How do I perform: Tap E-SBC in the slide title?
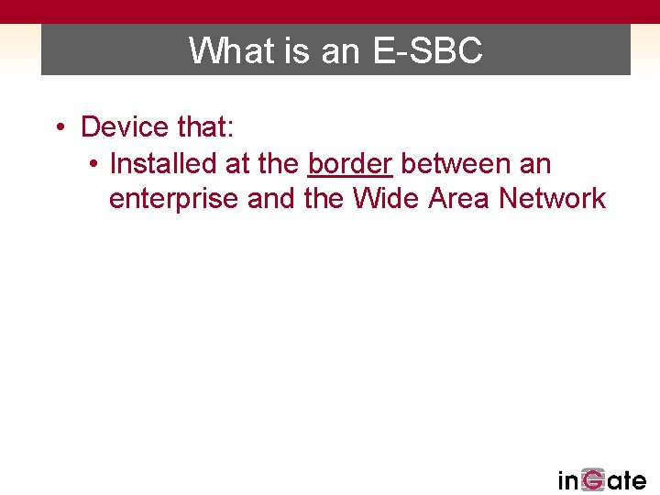tap(428, 50)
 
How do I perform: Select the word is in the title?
tap(298, 50)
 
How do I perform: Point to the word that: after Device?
tap(207, 126)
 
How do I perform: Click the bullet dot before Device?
tap(58, 127)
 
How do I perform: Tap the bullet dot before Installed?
tap(94, 165)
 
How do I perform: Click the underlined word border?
tap(350, 164)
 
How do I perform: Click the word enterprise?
tap(174, 199)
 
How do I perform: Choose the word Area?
tap(461, 198)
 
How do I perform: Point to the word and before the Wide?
tap(272, 198)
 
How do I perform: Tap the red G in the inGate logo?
tap(593, 479)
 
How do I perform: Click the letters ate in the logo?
tap(626, 479)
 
